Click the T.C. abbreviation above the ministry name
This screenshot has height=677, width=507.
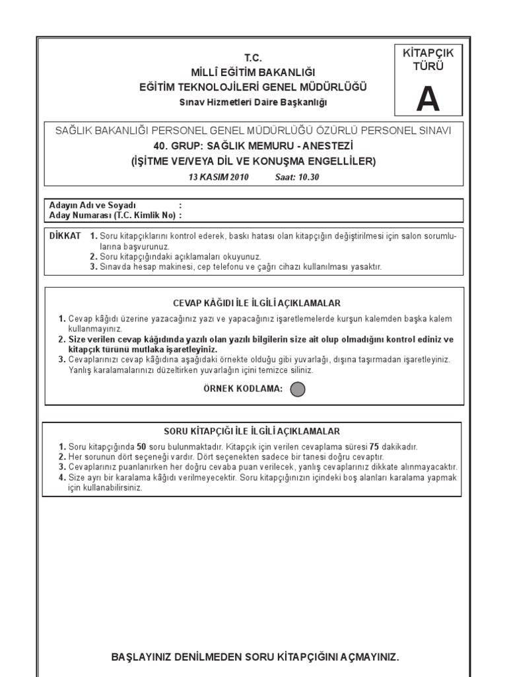point(253,58)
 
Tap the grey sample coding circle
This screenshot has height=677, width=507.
point(298,389)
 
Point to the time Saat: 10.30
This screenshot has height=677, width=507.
point(296,178)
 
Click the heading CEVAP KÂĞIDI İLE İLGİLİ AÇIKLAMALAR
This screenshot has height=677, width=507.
point(256,303)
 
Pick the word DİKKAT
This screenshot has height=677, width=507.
point(65,236)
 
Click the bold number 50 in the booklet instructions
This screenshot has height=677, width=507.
point(141,447)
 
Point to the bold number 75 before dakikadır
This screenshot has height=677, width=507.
point(374,447)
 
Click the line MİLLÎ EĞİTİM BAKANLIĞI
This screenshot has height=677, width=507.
point(253,72)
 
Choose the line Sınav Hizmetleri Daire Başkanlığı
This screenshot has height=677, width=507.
point(253,102)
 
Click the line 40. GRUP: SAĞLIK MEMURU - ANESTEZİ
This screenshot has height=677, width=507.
point(253,147)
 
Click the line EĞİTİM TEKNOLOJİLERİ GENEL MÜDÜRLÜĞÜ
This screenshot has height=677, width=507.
point(253,87)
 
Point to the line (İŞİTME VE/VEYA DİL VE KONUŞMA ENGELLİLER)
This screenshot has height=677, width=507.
point(253,161)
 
